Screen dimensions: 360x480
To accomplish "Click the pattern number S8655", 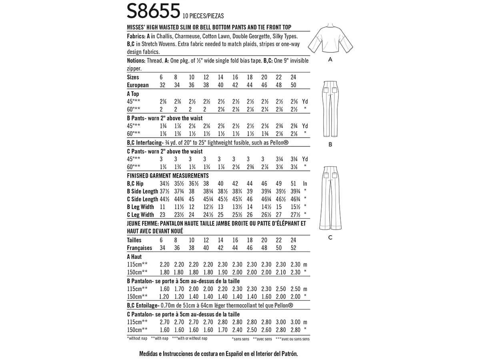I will pyautogui.click(x=152, y=11).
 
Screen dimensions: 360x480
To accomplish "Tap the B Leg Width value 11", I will pyautogui.click(x=163, y=207).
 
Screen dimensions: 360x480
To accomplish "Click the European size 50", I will pyautogui.click(x=294, y=85).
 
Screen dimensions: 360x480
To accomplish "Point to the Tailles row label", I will pyautogui.click(x=134, y=240).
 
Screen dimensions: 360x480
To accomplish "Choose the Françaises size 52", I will pyautogui.click(x=294, y=248).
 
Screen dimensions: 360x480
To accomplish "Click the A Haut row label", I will pyautogui.click(x=134, y=257).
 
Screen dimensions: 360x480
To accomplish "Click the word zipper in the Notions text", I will pyautogui.click(x=134, y=68).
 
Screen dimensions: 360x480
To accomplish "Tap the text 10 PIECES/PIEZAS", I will pyautogui.click(x=202, y=16).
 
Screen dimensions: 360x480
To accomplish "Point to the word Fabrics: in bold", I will pyautogui.click(x=136, y=36).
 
